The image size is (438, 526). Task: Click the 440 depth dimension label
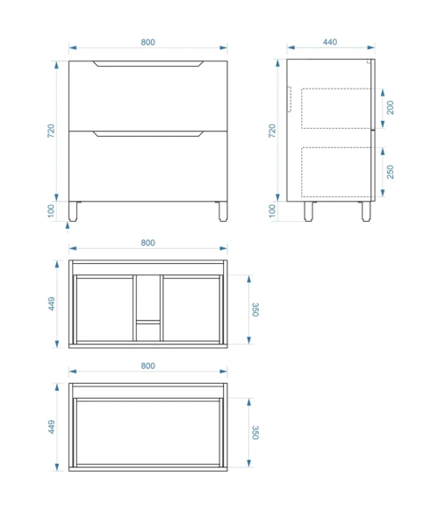(x=330, y=42)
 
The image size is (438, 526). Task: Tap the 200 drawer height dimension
(x=390, y=108)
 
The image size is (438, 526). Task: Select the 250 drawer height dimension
(x=390, y=172)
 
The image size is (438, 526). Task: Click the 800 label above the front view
(x=147, y=42)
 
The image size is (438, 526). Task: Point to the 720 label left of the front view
(x=51, y=131)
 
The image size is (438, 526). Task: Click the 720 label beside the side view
(x=272, y=131)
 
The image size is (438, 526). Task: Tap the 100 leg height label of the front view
(x=51, y=211)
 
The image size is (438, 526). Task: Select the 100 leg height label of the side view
(x=272, y=211)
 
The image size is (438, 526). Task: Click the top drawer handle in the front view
(x=148, y=64)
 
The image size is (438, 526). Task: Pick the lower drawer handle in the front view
(x=148, y=134)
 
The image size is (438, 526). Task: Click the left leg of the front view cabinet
(x=73, y=211)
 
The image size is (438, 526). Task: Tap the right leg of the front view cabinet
(x=223, y=211)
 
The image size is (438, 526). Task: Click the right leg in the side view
(x=366, y=211)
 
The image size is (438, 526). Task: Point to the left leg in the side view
(x=309, y=211)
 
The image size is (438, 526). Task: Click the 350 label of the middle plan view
(x=255, y=309)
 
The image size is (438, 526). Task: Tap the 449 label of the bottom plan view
(x=52, y=427)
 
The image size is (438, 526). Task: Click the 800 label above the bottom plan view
(x=147, y=366)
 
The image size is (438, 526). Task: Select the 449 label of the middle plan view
(x=52, y=303)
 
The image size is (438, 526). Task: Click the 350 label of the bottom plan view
(x=255, y=433)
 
